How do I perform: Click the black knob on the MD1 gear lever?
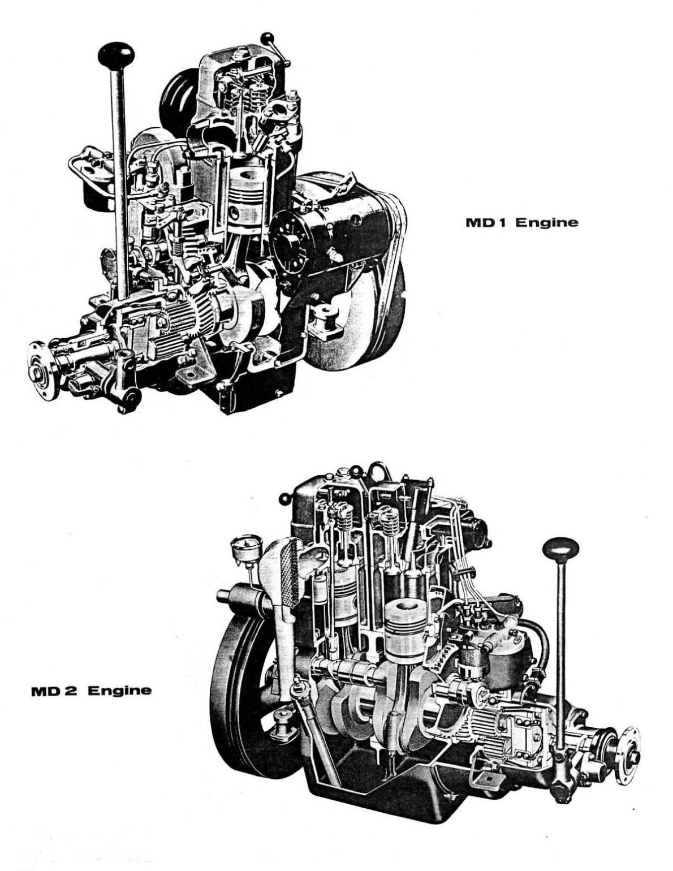tap(116, 54)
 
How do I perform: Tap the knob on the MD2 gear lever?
tap(561, 549)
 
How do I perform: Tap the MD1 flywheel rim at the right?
tap(390, 317)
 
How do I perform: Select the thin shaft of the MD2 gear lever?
tap(561, 650)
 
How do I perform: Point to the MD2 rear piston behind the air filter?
tap(342, 600)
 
